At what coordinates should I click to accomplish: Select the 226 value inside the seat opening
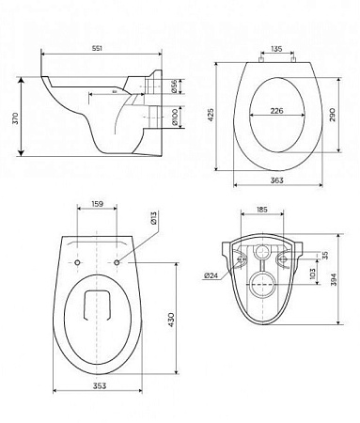(x=276, y=110)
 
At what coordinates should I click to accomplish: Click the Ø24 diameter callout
(x=212, y=274)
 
